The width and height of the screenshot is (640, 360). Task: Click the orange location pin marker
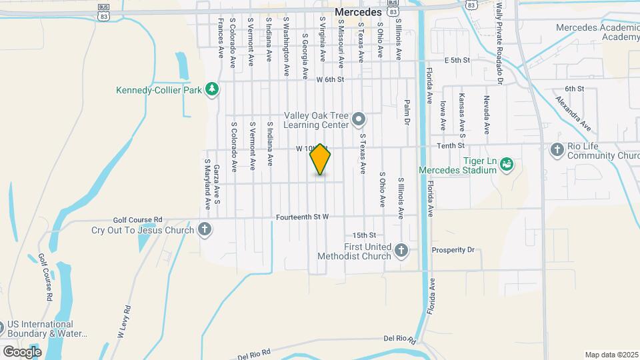coord(321,159)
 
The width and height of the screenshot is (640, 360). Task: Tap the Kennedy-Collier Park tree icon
coord(212,89)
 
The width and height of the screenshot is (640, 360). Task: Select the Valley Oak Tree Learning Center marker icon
coord(359,120)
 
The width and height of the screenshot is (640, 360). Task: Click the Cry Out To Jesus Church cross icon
coord(205,231)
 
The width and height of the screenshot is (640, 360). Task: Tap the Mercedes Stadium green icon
coord(506,163)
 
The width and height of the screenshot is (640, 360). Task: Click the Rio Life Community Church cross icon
coord(557,149)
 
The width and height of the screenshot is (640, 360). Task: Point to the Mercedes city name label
coord(358,12)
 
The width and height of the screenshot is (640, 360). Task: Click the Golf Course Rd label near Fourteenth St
coord(138,219)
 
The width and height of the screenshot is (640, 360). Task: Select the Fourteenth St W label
coord(304,217)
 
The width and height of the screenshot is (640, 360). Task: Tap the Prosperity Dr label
coord(453,250)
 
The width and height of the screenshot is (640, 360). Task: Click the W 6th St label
coord(329,79)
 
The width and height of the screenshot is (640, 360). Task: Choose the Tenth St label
coord(450,145)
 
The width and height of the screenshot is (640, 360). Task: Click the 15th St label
coord(365,235)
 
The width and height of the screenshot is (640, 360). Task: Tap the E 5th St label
coord(457,60)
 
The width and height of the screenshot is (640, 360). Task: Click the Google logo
coord(22,351)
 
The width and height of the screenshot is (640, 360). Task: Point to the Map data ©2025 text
coord(611,355)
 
